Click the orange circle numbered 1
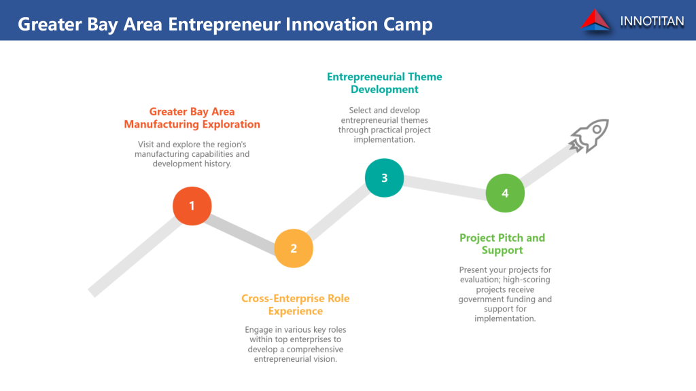(x=192, y=206)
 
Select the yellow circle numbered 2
(x=294, y=248)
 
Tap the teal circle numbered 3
(x=385, y=178)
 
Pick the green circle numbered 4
(x=505, y=193)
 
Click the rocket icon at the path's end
(x=589, y=136)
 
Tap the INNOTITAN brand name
(x=652, y=21)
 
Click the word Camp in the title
(x=408, y=25)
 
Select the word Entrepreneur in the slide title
(x=224, y=25)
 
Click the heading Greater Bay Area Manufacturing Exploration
(x=192, y=118)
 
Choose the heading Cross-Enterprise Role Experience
(x=296, y=305)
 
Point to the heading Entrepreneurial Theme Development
(x=385, y=83)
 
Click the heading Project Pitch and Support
(x=502, y=244)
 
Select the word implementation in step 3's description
(x=385, y=140)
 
